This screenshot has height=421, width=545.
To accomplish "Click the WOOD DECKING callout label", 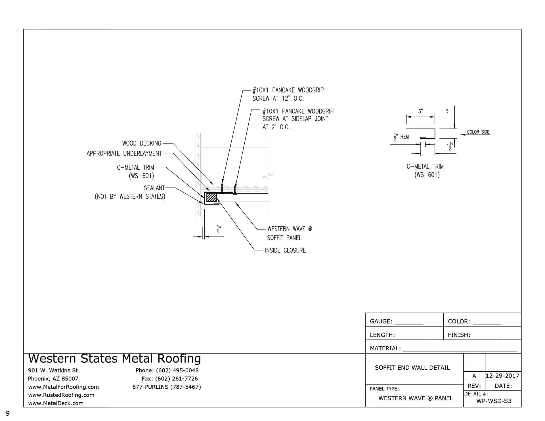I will [x=141, y=143].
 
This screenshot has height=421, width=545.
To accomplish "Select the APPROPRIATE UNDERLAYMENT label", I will [x=124, y=153].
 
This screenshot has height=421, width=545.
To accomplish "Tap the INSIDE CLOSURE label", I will [x=285, y=251].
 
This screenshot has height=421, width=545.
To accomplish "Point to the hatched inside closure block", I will [x=211, y=198].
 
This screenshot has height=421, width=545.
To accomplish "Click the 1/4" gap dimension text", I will [x=218, y=229].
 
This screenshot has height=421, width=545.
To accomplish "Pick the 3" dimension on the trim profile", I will [x=420, y=111].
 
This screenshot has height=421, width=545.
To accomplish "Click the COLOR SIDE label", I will [x=478, y=132].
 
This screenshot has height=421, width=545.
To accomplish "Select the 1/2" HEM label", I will [x=401, y=137].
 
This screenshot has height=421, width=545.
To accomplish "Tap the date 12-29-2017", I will [x=502, y=376].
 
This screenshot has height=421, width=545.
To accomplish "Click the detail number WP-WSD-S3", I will [x=494, y=401].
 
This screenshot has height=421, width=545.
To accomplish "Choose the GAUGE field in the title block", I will [x=381, y=321].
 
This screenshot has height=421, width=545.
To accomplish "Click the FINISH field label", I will [x=459, y=335].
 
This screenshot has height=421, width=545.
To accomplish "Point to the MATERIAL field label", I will [x=385, y=348].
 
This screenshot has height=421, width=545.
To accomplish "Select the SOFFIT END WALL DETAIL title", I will [x=412, y=368].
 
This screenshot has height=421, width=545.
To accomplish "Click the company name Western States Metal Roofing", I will [x=114, y=359].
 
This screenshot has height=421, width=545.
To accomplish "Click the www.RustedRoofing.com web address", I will [x=61, y=395].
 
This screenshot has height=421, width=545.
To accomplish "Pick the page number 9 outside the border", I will [x=8, y=413].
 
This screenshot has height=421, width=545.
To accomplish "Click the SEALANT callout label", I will [x=154, y=188].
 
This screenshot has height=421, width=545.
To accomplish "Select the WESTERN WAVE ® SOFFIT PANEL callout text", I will [x=289, y=233].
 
